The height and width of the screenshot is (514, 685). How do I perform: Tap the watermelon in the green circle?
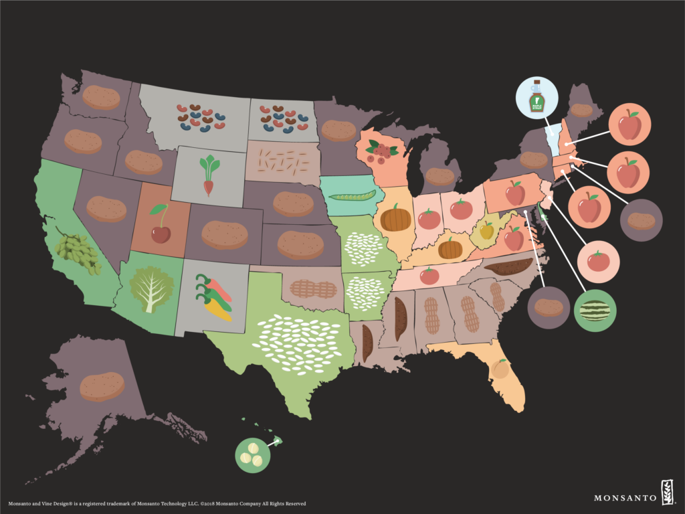coord(595,311)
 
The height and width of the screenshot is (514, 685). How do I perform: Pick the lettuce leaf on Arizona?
coord(151,288)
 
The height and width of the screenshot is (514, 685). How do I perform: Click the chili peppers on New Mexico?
coord(213,297)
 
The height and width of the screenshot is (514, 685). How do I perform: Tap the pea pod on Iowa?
coord(353,195)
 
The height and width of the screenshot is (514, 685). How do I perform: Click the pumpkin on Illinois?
coord(395,218)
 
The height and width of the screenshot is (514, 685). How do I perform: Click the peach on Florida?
coord(500,369)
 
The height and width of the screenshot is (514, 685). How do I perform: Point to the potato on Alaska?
coord(102,387)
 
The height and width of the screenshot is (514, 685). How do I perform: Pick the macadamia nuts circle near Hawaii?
coord(252,455)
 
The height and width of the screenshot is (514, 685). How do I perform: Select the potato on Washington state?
coord(101,98)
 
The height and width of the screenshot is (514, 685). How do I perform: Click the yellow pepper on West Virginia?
coord(487,230)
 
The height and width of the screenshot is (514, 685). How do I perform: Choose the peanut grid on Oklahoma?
coord(315,289)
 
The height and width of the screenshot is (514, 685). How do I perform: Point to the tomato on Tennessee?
coord(429,275)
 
